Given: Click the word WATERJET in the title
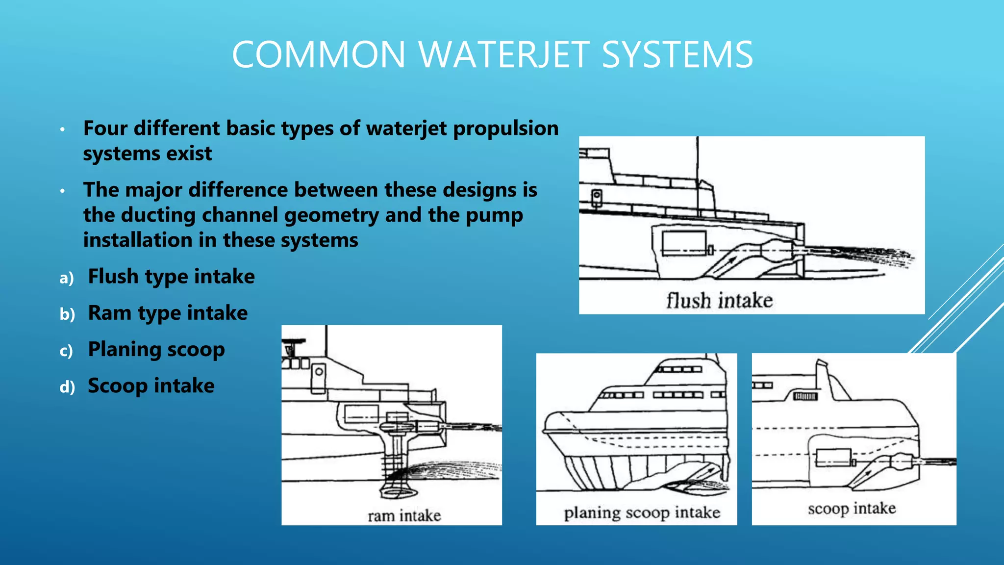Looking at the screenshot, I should click(x=504, y=54).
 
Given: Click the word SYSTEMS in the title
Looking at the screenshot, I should click(x=677, y=54).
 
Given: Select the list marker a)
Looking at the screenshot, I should click(x=66, y=278).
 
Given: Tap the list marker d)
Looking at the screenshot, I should click(x=67, y=387).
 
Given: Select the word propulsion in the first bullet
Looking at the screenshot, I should click(x=506, y=128).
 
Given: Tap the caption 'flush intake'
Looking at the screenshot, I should click(x=719, y=300).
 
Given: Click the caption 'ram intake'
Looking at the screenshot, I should click(x=404, y=515).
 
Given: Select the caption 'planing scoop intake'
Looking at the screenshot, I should click(x=642, y=513).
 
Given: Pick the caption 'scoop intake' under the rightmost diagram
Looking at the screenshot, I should click(x=852, y=508).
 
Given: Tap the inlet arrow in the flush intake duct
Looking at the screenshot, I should click(x=729, y=260).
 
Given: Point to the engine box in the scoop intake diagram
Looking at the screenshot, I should click(x=833, y=458).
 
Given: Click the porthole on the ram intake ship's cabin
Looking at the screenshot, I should click(x=319, y=371).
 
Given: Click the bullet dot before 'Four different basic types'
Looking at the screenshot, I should click(x=62, y=129).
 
